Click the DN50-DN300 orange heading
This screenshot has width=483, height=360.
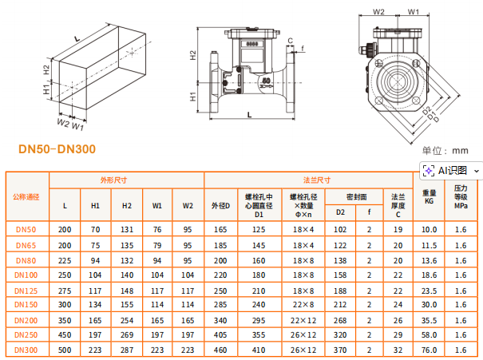click(x=57, y=149)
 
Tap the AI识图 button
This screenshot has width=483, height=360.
click(x=451, y=170)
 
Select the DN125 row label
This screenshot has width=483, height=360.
click(x=26, y=291)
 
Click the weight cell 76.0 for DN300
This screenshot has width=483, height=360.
click(x=429, y=350)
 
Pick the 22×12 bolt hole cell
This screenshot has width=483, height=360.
click(x=303, y=321)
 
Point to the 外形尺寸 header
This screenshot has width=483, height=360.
click(x=113, y=180)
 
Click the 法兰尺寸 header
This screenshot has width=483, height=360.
click(x=317, y=180)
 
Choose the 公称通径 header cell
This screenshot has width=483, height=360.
click(x=26, y=197)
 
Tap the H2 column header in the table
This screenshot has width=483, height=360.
click(x=127, y=206)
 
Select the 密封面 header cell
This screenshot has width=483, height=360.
click(x=357, y=197)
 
